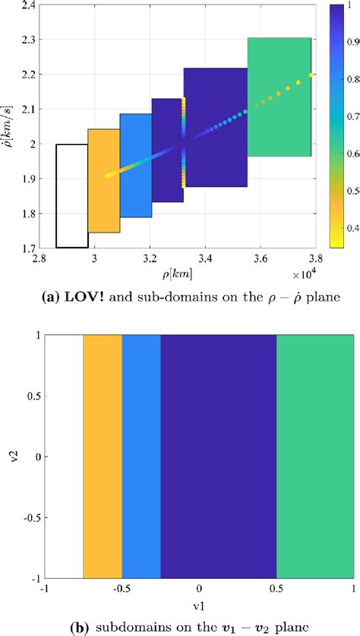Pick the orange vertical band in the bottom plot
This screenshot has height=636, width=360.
(103, 457)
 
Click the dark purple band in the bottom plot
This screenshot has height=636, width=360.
(218, 457)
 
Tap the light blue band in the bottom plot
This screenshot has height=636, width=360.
(141, 457)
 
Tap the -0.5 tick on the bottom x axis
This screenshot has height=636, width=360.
(120, 589)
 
